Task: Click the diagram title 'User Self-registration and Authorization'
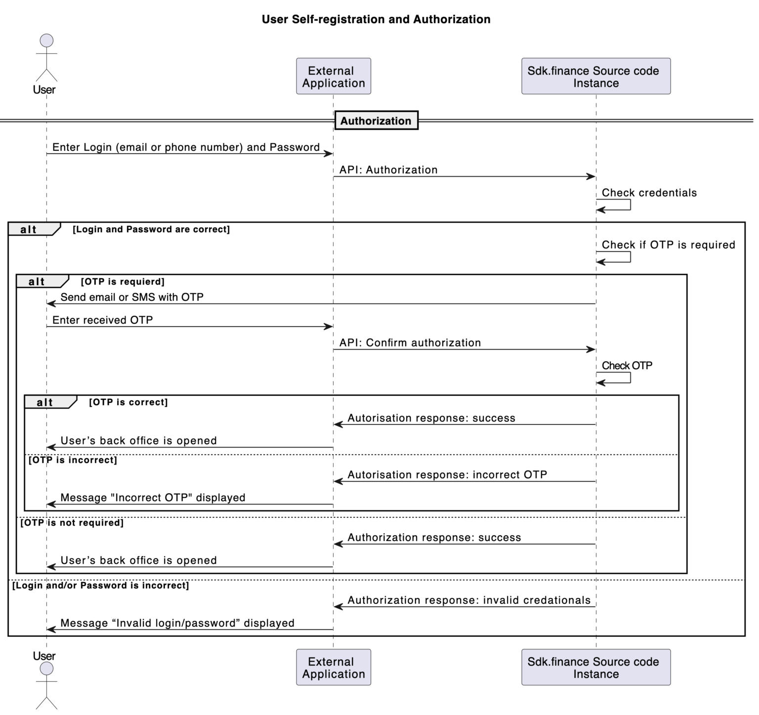pos(376,19)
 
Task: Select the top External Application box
pos(333,77)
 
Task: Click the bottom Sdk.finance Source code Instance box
pos(595,667)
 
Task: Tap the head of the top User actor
pos(46,41)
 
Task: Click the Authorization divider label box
pos(376,121)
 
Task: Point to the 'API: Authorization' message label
pos(388,170)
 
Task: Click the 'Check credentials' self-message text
pos(649,193)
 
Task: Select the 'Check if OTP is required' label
pos(668,245)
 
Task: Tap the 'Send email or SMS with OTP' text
pos(132,297)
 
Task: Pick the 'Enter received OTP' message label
pos(103,320)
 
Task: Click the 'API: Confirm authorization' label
pos(410,343)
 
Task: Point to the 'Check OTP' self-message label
pos(627,366)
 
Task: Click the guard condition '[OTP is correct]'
pos(128,402)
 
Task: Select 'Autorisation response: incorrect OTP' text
pos(447,475)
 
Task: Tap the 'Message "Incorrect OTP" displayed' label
pos(153,498)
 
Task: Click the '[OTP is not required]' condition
pos(72,523)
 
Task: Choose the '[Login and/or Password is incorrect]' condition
pos(101,586)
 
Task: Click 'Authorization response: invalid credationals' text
pos(469,600)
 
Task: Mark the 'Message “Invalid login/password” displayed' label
pos(177,623)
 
